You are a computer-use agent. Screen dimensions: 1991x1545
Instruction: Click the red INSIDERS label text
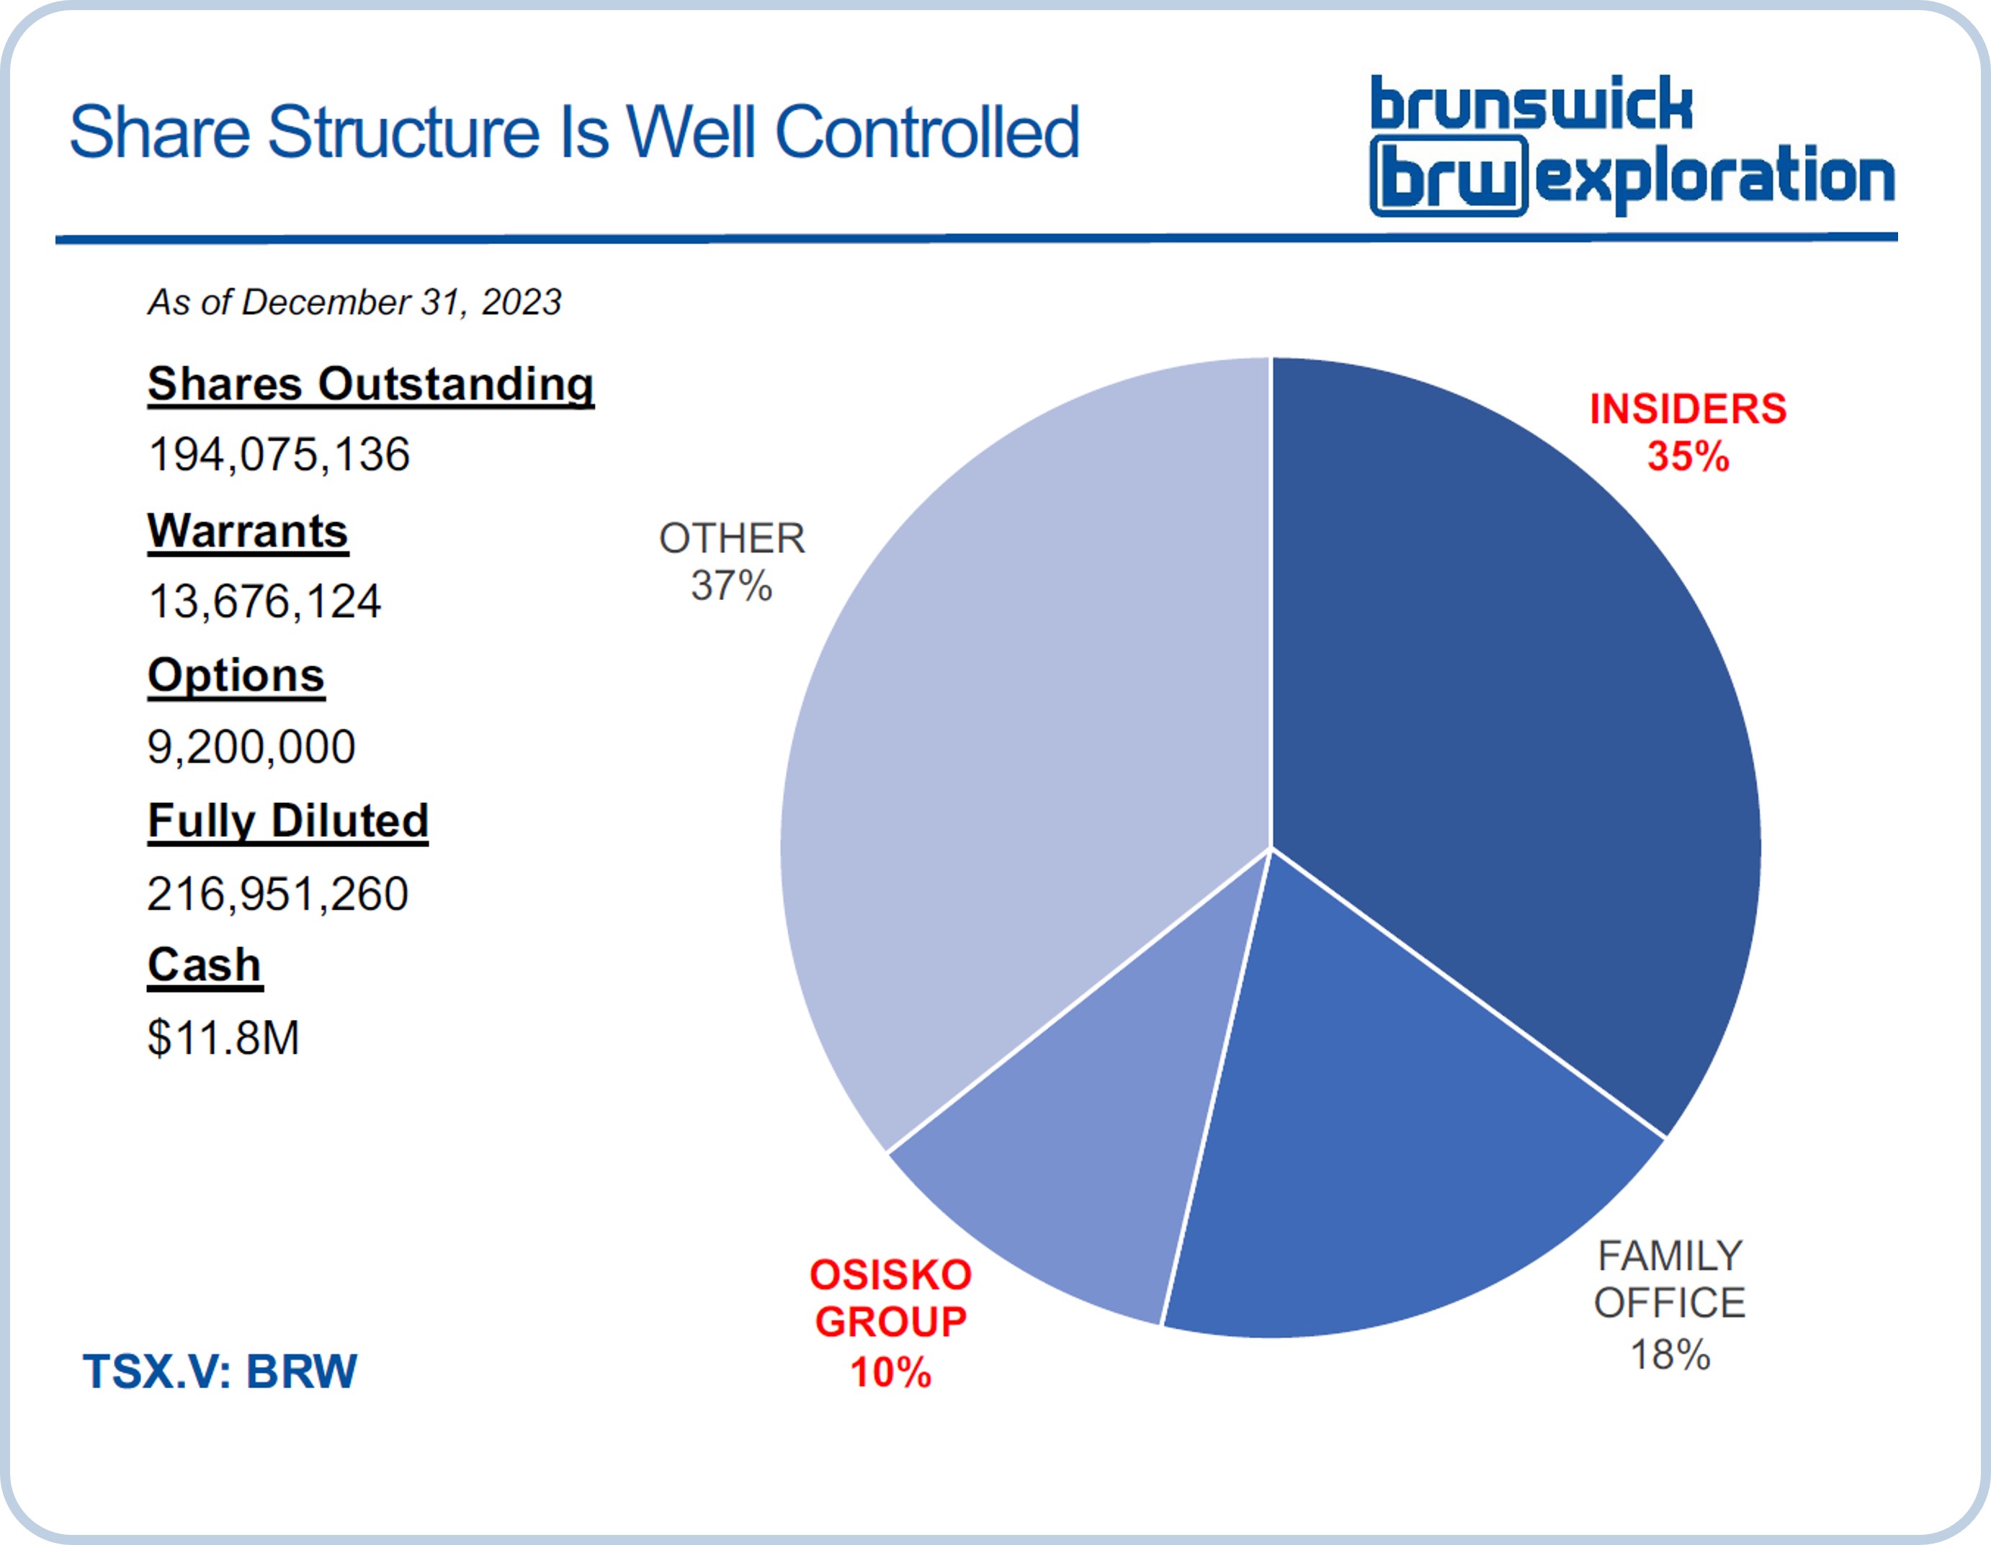[1688, 409]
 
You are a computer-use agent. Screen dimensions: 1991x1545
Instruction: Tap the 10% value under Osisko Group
[890, 1372]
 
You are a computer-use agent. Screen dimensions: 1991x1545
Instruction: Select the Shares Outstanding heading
[371, 385]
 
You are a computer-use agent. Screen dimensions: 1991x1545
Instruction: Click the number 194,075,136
[279, 454]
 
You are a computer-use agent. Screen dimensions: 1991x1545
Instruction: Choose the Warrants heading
[248, 531]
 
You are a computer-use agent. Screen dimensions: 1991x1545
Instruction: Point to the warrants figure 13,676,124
[264, 601]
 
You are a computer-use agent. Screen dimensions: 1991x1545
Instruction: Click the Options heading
[236, 676]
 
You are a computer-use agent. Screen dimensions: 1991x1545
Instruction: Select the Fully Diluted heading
[288, 821]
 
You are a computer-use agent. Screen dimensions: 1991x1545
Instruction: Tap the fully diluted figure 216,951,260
[278, 893]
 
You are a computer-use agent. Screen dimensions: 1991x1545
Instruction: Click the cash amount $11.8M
[223, 1037]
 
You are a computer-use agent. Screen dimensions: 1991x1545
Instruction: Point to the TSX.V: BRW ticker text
[220, 1371]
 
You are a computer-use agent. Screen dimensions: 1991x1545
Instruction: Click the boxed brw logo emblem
[1449, 176]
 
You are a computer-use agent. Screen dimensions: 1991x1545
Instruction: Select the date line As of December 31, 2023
[354, 302]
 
